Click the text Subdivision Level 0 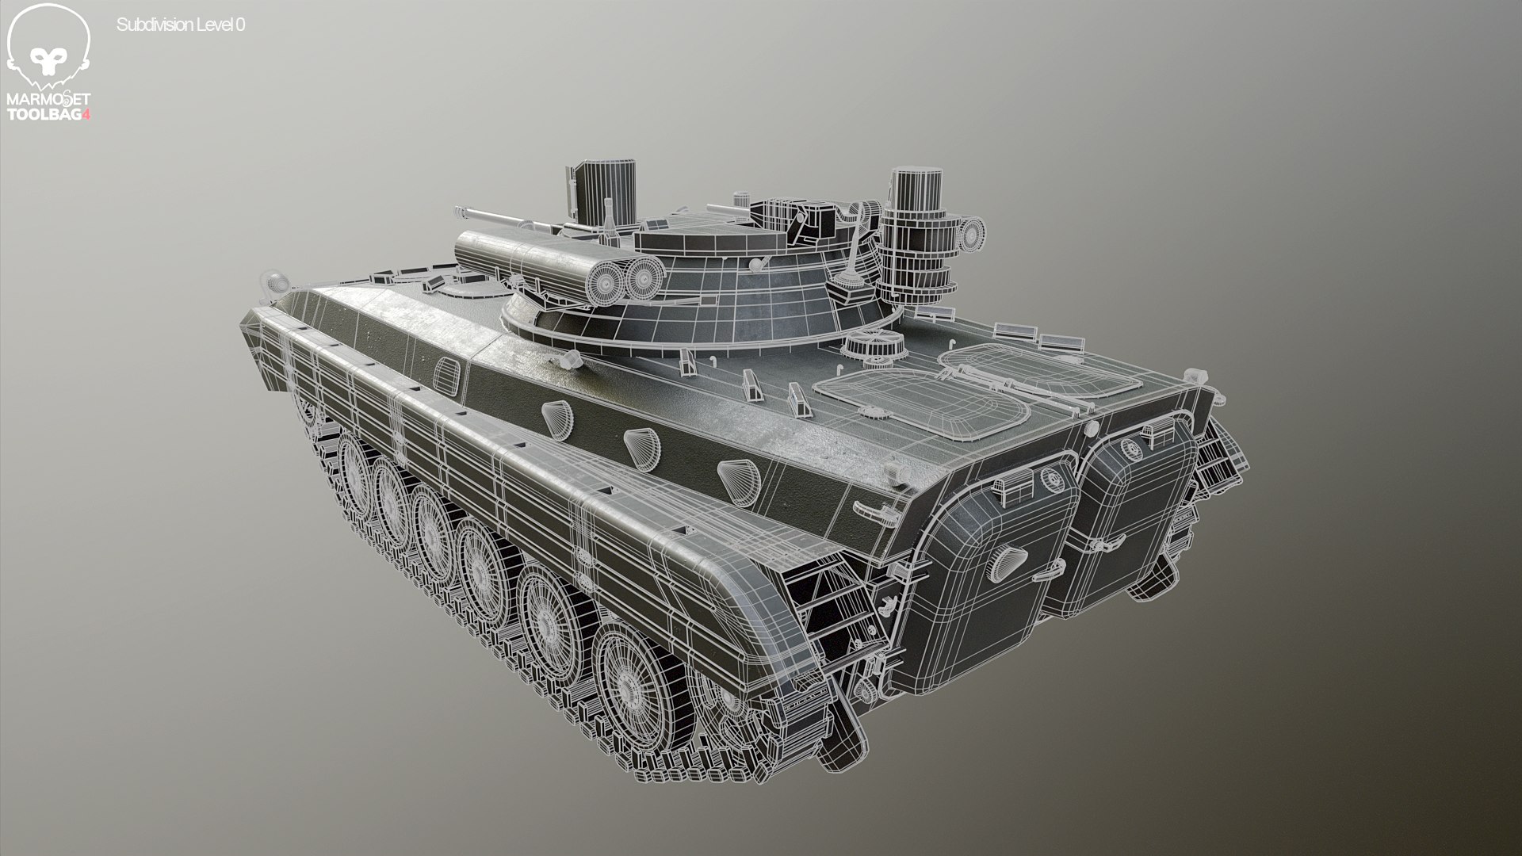point(181,25)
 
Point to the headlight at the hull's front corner point(274,282)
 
